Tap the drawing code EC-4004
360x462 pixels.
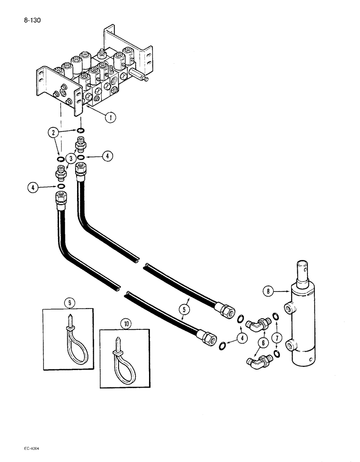click(29, 449)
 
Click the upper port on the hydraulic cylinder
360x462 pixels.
click(288, 307)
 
